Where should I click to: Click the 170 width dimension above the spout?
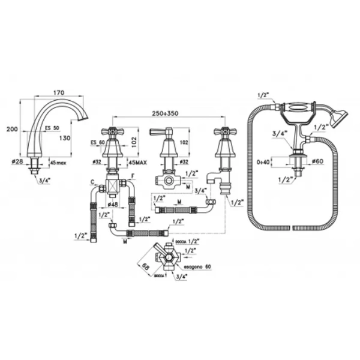58,93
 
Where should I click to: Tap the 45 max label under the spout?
58,161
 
